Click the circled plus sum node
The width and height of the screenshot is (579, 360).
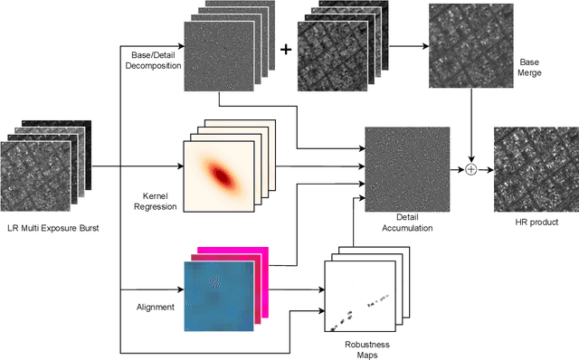(470, 168)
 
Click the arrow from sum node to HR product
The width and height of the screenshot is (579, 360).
(485, 168)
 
